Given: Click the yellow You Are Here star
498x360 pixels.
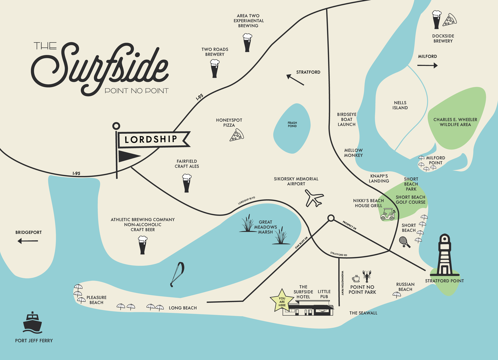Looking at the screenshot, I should point(282,301).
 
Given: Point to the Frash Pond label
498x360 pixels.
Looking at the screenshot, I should point(292,125).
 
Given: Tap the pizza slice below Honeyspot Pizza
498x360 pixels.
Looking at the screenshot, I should point(237,135).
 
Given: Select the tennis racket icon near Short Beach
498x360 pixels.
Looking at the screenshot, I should point(405,242).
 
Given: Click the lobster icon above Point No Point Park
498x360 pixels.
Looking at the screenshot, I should point(367,276).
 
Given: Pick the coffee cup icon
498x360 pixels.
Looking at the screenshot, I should point(356,278).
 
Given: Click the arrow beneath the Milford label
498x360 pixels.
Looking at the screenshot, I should point(427,66).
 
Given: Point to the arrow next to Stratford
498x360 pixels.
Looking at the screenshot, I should point(295,80).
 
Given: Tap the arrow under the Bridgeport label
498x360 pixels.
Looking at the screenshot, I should point(28,241).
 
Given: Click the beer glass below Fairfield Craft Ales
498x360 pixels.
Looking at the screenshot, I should point(187,183).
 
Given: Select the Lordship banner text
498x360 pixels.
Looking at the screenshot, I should point(151,139).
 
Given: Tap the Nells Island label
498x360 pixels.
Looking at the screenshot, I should point(400,105).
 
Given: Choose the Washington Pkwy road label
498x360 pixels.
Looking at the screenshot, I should point(342,283).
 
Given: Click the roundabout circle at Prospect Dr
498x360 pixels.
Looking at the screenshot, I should point(331,218).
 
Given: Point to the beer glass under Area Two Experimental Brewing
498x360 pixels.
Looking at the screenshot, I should point(247,43).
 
